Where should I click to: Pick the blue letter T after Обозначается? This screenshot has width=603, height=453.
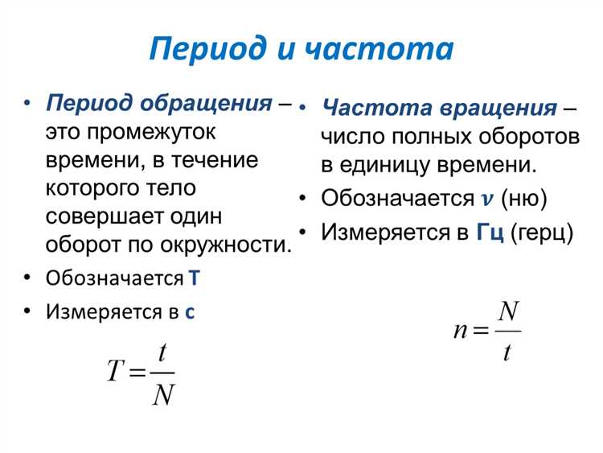[x=193, y=278]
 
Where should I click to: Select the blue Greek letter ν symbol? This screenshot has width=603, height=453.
[x=486, y=198]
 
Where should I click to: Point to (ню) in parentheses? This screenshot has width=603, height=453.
[x=523, y=198]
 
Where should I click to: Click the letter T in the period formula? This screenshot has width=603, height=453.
[x=116, y=370]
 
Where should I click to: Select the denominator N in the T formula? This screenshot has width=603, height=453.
[x=163, y=395]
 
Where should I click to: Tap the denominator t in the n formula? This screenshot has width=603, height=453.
[x=507, y=352]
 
